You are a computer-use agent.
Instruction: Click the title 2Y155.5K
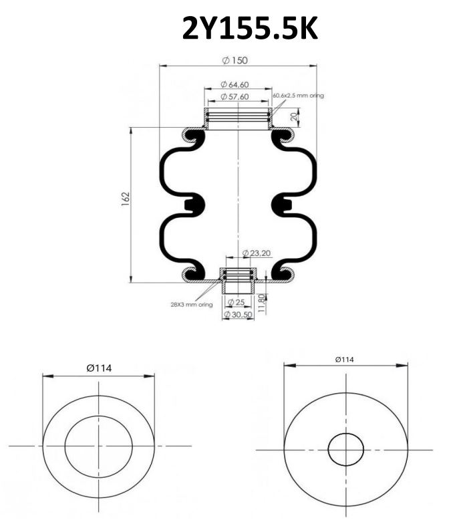[x=250, y=29]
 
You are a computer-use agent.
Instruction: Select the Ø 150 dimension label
[x=235, y=60]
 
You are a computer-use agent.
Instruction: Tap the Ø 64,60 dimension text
[x=235, y=84]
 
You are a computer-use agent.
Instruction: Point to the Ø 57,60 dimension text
[x=235, y=97]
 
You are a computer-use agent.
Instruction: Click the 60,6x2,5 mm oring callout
[x=299, y=96]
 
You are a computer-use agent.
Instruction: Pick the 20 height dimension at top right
[x=294, y=117]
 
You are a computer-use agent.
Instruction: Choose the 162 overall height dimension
[x=126, y=199]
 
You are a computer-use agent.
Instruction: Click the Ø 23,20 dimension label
[x=256, y=253]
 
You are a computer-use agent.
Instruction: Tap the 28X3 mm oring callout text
[x=192, y=305]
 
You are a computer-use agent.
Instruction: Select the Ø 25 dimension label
[x=236, y=302]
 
